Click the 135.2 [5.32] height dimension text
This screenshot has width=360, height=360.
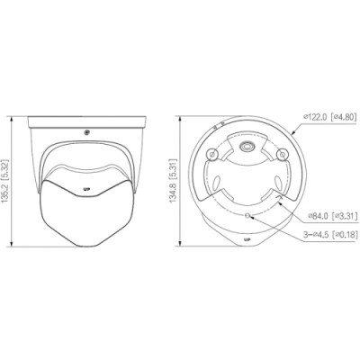click(5, 182)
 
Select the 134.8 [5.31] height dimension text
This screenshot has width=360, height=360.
click(173, 181)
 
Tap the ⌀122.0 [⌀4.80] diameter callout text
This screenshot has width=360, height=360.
click(329, 116)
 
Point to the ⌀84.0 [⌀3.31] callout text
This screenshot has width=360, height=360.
click(333, 215)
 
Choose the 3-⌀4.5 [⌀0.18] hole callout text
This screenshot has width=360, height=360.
click(330, 235)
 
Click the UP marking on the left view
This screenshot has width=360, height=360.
click(86, 189)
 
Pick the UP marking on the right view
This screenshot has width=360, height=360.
click(247, 239)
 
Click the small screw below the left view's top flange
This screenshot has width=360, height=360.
click(87, 132)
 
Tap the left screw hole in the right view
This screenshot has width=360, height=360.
click(212, 155)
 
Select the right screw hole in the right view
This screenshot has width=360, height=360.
click(282, 154)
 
